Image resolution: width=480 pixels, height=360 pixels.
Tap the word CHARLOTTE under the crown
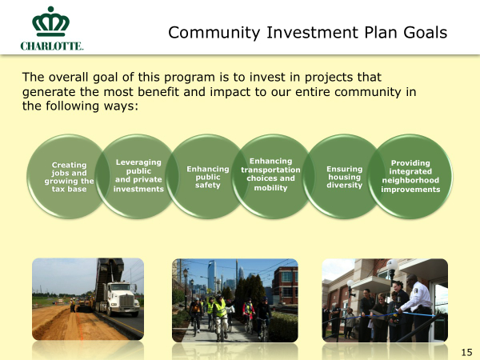pos(52,46)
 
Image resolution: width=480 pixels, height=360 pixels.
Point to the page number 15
pos(466,352)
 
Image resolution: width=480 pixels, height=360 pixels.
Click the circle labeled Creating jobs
pos(69,177)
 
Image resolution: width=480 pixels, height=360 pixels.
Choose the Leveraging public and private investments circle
pos(138,177)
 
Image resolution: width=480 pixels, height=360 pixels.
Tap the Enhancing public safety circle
pos(207,177)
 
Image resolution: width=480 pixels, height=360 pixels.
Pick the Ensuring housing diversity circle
pos(344,177)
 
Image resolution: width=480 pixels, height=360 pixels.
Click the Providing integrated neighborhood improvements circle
pos(410,177)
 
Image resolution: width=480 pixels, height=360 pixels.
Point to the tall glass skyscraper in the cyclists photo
pos(211,275)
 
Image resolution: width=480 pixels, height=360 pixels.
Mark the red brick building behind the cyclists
pos(285,286)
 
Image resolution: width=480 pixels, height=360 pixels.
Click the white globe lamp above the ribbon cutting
pos(392,265)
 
